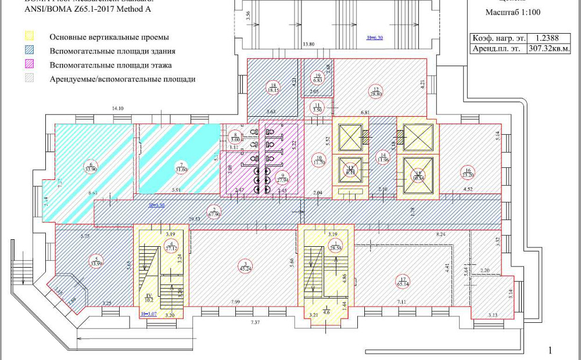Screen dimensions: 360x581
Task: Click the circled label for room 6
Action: (x=90, y=166)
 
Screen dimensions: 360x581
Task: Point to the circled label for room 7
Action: (x=181, y=167)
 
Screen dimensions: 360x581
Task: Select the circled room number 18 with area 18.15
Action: (x=273, y=88)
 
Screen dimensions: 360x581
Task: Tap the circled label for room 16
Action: (x=467, y=171)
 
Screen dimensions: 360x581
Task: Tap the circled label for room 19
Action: (x=317, y=77)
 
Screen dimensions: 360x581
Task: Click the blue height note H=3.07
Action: (x=149, y=314)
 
